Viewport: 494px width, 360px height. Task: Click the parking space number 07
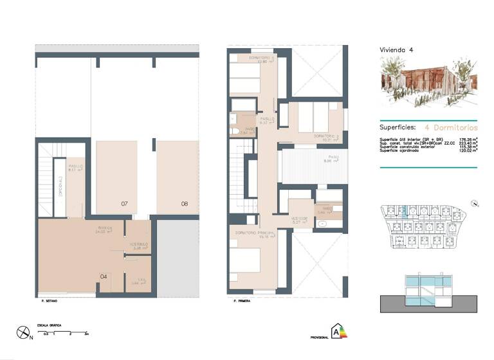pyautogui.click(x=124, y=204)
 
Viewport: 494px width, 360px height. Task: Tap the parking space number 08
pyautogui.click(x=185, y=204)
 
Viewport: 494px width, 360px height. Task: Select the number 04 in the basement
pyautogui.click(x=103, y=276)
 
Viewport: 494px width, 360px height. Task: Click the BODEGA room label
pyautogui.click(x=105, y=228)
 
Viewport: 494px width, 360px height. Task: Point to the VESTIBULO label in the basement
pyautogui.click(x=139, y=245)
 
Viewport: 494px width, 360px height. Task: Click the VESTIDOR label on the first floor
pyautogui.click(x=300, y=219)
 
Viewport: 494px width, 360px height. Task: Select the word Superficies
pyautogui.click(x=398, y=127)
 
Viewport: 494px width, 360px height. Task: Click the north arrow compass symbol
pyautogui.click(x=24, y=333)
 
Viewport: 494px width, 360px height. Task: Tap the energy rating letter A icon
pyautogui.click(x=336, y=332)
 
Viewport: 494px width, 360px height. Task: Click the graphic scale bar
pyautogui.click(x=62, y=333)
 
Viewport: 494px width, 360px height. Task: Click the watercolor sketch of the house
pyautogui.click(x=428, y=82)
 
